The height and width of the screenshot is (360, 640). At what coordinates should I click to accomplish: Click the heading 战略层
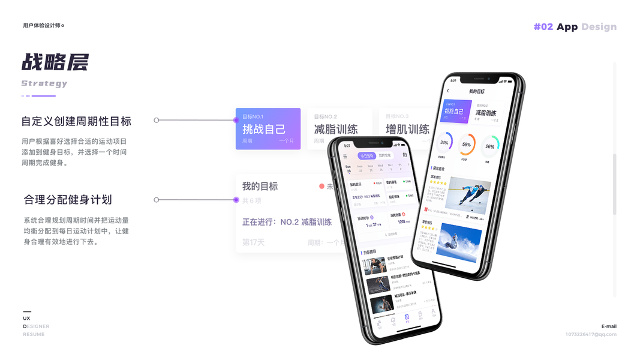pyautogui.click(x=55, y=62)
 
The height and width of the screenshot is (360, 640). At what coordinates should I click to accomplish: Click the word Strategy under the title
pyautogui.click(x=44, y=83)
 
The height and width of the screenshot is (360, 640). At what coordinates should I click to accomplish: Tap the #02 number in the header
pyautogui.click(x=543, y=26)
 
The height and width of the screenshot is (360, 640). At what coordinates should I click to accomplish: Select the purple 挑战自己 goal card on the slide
pyautogui.click(x=268, y=128)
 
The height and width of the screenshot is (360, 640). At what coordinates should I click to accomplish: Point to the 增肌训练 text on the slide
pyautogui.click(x=407, y=129)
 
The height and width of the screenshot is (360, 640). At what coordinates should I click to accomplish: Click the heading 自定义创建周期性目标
pyautogui.click(x=76, y=121)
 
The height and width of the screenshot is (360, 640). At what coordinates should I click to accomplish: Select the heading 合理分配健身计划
pyautogui.click(x=68, y=200)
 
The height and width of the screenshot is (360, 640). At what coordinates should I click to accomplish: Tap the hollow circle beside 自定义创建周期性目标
pyautogui.click(x=157, y=120)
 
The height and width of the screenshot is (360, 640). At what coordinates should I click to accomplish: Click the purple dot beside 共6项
pyautogui.click(x=236, y=200)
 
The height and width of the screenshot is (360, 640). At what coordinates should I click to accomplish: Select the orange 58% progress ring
pyautogui.click(x=467, y=144)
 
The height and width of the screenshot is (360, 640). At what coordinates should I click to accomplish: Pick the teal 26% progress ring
pyautogui.click(x=490, y=146)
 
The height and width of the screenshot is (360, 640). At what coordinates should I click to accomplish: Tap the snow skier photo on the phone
pyautogui.click(x=459, y=242)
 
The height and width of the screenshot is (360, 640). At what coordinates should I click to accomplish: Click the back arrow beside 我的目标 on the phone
pyautogui.click(x=448, y=91)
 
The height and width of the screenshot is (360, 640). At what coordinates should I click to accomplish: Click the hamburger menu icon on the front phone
pyautogui.click(x=345, y=157)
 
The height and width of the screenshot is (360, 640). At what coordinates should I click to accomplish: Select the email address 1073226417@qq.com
pyautogui.click(x=590, y=334)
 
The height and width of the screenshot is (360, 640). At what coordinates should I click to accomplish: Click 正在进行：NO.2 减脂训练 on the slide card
pyautogui.click(x=287, y=222)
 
